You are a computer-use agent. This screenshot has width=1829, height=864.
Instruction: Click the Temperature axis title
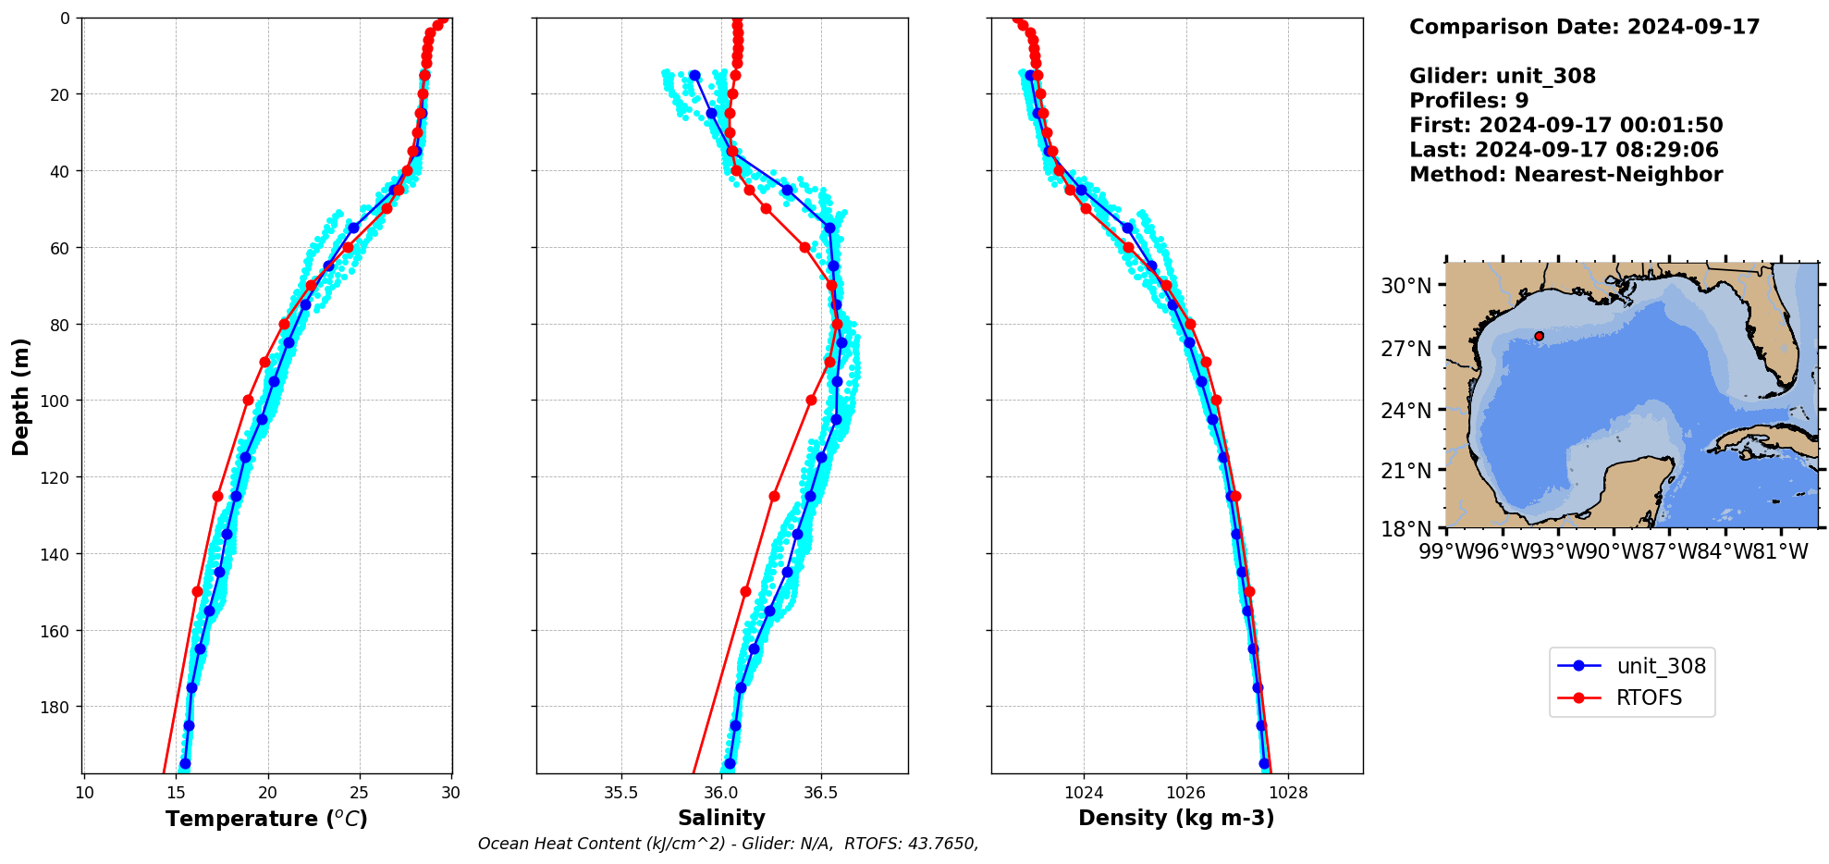click(266, 819)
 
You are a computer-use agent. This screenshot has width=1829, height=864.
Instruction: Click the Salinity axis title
click(721, 818)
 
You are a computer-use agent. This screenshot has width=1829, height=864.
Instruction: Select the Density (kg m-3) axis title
click(1176, 818)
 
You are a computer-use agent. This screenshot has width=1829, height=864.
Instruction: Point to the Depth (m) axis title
click(20, 396)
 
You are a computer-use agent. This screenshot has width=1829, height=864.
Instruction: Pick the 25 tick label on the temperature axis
click(359, 793)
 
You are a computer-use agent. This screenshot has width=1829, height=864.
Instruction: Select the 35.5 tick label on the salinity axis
click(620, 793)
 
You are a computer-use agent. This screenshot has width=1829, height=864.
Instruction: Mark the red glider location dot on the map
click(1539, 336)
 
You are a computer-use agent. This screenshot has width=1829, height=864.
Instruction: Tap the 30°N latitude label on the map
click(1406, 286)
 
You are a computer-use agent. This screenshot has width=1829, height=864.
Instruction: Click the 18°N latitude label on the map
click(1406, 528)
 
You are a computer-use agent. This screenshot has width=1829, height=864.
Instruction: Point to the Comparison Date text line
click(1584, 27)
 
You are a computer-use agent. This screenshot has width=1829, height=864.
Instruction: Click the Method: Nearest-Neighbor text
click(1565, 175)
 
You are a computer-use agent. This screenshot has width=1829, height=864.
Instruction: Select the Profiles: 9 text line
click(1468, 101)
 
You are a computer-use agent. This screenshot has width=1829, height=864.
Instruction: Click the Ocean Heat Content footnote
click(728, 844)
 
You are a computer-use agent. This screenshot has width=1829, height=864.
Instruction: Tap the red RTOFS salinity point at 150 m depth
click(745, 591)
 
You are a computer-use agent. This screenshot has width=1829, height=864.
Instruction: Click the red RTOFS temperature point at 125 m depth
click(217, 496)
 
